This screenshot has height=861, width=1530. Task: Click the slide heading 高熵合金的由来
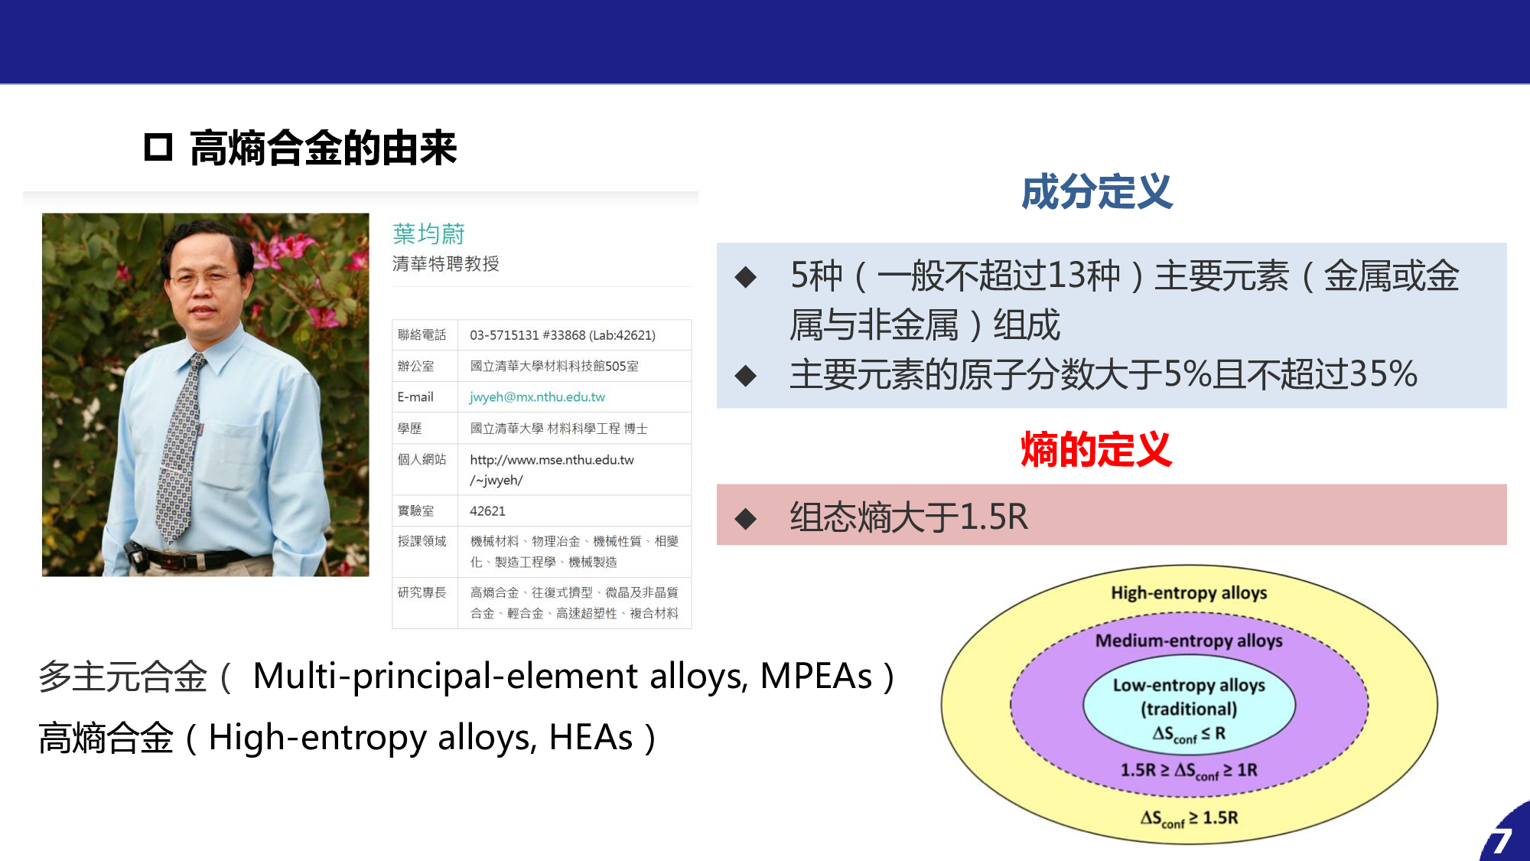point(323,148)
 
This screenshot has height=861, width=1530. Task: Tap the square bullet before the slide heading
point(158,147)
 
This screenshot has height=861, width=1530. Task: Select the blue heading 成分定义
point(1096,191)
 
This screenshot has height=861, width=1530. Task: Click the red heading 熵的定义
point(1096,449)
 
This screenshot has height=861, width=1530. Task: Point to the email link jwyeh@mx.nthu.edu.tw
point(537,396)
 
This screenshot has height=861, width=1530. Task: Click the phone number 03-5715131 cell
point(562,335)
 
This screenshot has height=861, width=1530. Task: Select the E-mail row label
point(415,396)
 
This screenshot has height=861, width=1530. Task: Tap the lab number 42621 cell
point(487,510)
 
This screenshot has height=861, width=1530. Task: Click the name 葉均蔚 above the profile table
point(428,233)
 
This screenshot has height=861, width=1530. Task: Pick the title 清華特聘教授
point(445,264)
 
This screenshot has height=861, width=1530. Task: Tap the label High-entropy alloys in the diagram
point(1189,593)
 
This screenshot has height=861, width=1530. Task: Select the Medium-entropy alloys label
point(1189,641)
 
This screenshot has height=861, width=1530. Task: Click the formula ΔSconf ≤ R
point(1189,734)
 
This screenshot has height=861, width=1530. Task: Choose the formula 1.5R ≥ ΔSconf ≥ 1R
point(1189,771)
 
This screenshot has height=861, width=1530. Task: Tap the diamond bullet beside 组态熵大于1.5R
point(745,519)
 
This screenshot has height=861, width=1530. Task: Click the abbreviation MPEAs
point(816,676)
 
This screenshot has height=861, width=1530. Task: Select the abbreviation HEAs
point(591,738)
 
